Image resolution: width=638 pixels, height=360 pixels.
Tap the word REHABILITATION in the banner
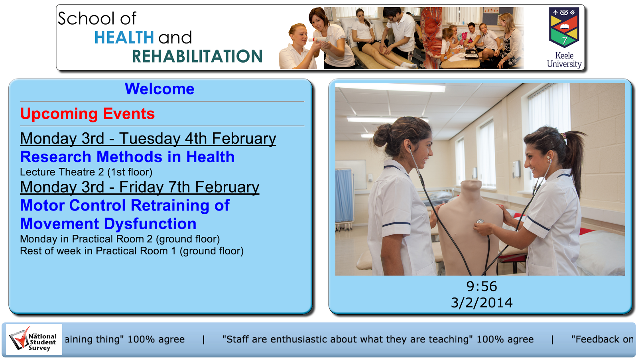197,56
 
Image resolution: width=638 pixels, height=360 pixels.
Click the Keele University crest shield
564,28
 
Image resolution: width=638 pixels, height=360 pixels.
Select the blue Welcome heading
159,89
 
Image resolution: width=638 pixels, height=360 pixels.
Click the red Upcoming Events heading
87,114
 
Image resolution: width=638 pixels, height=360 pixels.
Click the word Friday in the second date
141,187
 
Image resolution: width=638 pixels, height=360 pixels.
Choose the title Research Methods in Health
127,157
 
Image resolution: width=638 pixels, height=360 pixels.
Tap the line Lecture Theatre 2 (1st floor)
86,172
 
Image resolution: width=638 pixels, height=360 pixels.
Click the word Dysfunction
150,224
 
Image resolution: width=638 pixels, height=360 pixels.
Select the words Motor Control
73,205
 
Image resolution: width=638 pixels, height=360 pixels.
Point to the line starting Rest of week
132,251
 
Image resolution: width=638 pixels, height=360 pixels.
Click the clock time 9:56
482,287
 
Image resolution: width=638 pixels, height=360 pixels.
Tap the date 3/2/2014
482,303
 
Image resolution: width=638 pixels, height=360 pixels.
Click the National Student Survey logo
34,340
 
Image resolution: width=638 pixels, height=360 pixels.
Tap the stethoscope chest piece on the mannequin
480,222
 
